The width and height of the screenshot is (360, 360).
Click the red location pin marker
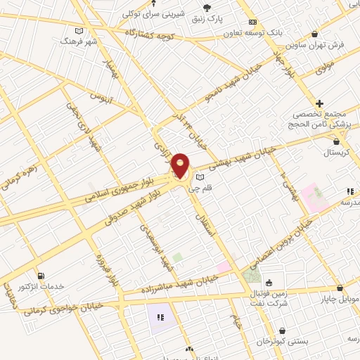click(x=181, y=167)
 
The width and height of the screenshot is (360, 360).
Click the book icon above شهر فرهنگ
click(x=78, y=31)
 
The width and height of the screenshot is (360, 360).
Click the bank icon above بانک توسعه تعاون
click(x=252, y=22)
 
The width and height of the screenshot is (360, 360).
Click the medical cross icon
click(x=320, y=103)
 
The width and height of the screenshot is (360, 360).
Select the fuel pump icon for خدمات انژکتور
click(x=40, y=276)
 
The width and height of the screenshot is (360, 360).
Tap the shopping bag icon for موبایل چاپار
click(x=340, y=288)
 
